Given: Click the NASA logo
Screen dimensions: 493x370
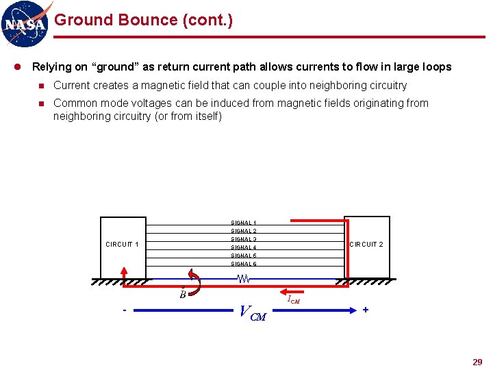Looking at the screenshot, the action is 25,24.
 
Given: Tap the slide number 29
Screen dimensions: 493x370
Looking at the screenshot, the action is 477,362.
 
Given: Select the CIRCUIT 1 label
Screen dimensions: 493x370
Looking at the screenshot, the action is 122,245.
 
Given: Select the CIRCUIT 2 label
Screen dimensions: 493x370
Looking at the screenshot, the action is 366,245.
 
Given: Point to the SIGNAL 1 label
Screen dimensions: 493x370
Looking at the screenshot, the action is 244,223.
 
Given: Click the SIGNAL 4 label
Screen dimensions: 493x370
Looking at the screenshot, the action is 244,247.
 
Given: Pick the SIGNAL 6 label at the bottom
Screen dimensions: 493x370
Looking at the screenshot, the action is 244,264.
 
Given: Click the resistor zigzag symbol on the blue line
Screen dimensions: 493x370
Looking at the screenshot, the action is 244,279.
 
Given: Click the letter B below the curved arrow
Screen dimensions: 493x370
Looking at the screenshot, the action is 183,295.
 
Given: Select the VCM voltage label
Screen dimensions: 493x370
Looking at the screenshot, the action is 252,312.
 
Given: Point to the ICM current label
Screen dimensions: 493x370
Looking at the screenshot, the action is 293,299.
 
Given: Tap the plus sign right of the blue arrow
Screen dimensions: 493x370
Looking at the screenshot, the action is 366,310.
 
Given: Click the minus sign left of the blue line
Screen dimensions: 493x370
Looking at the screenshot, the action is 124,310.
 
